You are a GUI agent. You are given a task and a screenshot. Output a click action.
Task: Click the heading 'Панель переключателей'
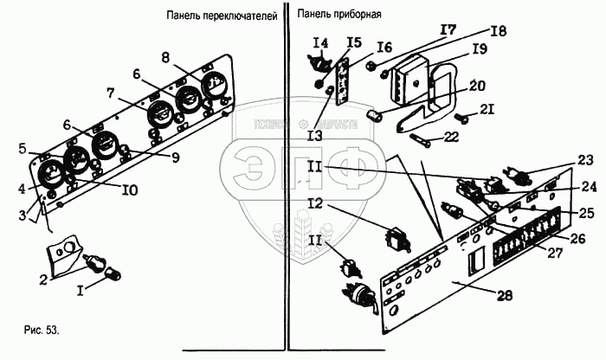coord(222,15)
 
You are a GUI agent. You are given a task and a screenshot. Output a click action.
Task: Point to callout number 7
coord(111,92)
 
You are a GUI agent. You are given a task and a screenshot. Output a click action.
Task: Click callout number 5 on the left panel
coord(23,148)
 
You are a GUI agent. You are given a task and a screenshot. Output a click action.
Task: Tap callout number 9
coord(175,157)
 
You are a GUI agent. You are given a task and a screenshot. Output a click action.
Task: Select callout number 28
coord(504,294)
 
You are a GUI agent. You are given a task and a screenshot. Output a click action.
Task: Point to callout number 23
coord(586,158)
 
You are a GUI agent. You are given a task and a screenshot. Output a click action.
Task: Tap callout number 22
coord(451,135)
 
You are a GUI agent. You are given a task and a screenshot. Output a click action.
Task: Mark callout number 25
coord(586,212)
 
